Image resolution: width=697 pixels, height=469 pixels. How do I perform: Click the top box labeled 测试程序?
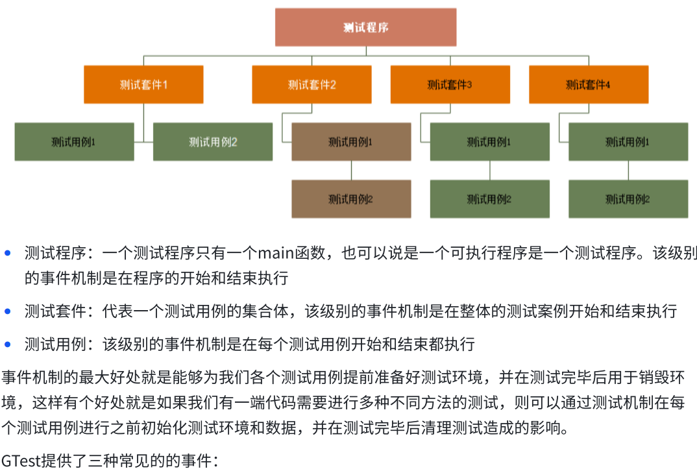pos(365,27)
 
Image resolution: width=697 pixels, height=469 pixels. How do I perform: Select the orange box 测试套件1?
pos(143,84)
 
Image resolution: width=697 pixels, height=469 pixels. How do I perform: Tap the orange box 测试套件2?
pos(312,84)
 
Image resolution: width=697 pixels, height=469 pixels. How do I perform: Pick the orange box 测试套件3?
pos(450,84)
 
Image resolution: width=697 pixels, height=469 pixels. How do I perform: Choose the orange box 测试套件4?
pos(589,84)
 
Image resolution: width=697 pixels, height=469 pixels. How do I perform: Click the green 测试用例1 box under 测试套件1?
pos(74,141)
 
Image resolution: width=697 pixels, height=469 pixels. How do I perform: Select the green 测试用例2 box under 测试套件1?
pos(213,141)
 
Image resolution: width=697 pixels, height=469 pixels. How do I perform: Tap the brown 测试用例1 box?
pos(351,141)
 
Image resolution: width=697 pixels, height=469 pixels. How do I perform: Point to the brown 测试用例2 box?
pos(351,198)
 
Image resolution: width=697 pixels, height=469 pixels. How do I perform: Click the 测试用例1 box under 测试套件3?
pos(489,141)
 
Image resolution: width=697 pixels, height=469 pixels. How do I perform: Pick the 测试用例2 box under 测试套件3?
pos(489,198)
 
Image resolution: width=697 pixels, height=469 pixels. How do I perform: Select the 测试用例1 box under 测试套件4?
pos(628,141)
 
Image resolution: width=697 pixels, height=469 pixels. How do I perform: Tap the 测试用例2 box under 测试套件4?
pos(628,198)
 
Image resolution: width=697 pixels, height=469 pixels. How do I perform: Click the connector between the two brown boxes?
pos(351,170)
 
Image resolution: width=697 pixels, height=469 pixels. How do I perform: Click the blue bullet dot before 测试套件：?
pos(8,311)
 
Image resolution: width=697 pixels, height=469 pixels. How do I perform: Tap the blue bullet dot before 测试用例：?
pos(8,344)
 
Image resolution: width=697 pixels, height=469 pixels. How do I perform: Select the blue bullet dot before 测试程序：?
pos(8,253)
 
